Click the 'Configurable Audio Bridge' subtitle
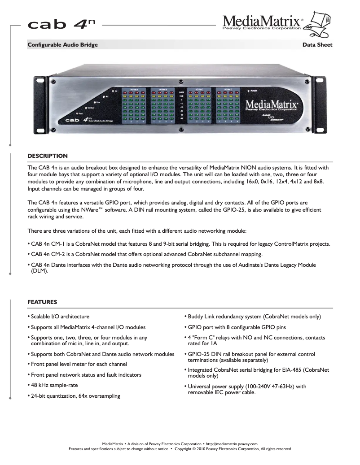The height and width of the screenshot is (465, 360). (x=63, y=45)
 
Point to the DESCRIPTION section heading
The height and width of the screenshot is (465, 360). (x=48, y=156)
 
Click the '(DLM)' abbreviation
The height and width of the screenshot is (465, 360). (x=40, y=271)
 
